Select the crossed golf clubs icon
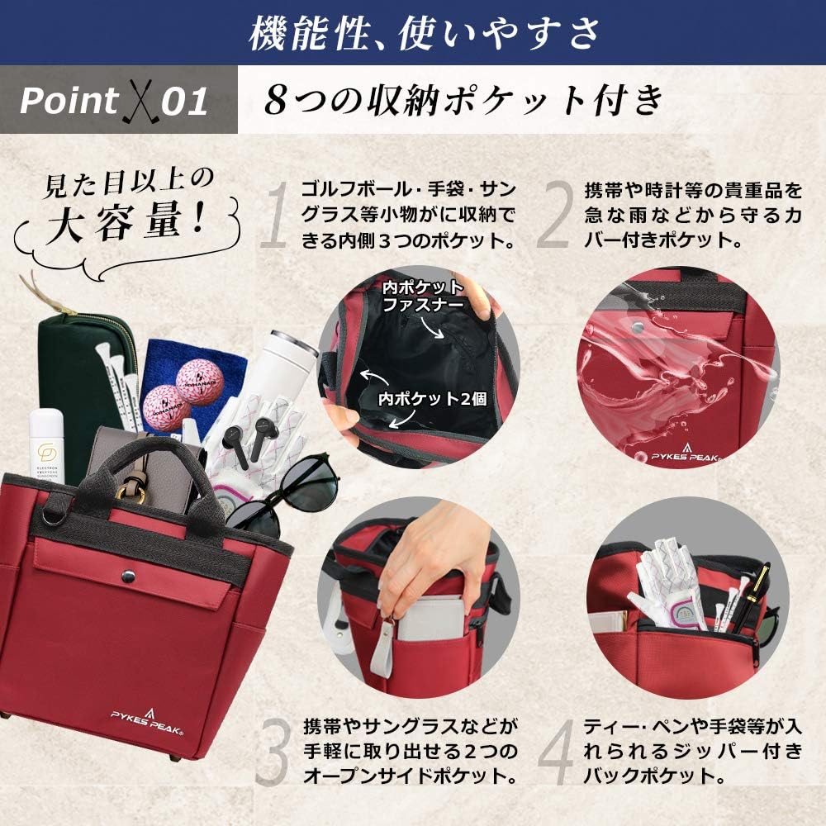pos(141,101)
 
